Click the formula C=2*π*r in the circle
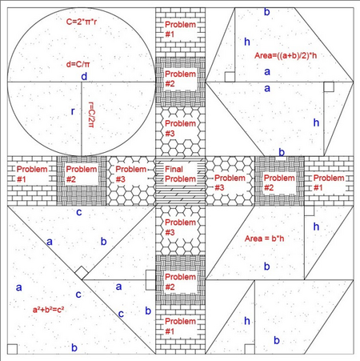(x=82, y=22)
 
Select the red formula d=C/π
(x=78, y=64)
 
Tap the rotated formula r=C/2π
(x=91, y=114)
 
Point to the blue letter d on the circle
(x=84, y=77)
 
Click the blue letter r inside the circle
(x=73, y=111)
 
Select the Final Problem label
(x=180, y=174)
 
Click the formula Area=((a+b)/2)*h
(x=286, y=55)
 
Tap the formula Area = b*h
(x=264, y=239)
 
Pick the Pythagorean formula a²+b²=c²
(x=48, y=310)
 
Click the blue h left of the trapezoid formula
(x=247, y=42)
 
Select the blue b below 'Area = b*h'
(x=267, y=267)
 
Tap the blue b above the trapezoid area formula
(x=267, y=12)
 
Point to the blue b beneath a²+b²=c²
(x=74, y=347)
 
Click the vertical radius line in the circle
(x=82, y=119)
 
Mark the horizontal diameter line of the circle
(x=82, y=82)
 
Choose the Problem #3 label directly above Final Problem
(x=180, y=128)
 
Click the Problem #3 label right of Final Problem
(x=230, y=183)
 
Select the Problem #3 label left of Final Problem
(x=130, y=174)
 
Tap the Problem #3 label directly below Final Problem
(x=180, y=227)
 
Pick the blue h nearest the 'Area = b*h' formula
(x=316, y=227)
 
